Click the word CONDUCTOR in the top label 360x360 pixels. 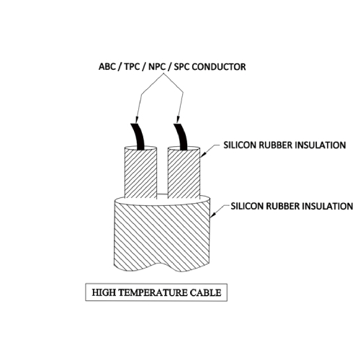click(x=219, y=67)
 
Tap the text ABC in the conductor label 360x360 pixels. click(x=107, y=67)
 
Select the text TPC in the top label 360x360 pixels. click(x=132, y=67)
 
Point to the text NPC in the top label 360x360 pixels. click(x=157, y=67)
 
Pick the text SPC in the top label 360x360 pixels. click(x=182, y=67)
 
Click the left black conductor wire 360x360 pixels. click(x=138, y=137)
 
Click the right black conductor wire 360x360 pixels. click(x=181, y=137)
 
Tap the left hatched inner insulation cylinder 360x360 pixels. click(x=140, y=173)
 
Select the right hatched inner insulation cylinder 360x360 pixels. click(x=184, y=173)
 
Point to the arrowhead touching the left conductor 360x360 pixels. click(x=137, y=120)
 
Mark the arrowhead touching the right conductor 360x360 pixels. click(x=178, y=120)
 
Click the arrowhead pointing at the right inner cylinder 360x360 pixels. click(x=203, y=155)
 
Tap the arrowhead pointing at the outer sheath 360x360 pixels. click(x=213, y=215)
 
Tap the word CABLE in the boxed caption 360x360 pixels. click(x=205, y=292)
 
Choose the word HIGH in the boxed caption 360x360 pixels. click(x=104, y=292)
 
